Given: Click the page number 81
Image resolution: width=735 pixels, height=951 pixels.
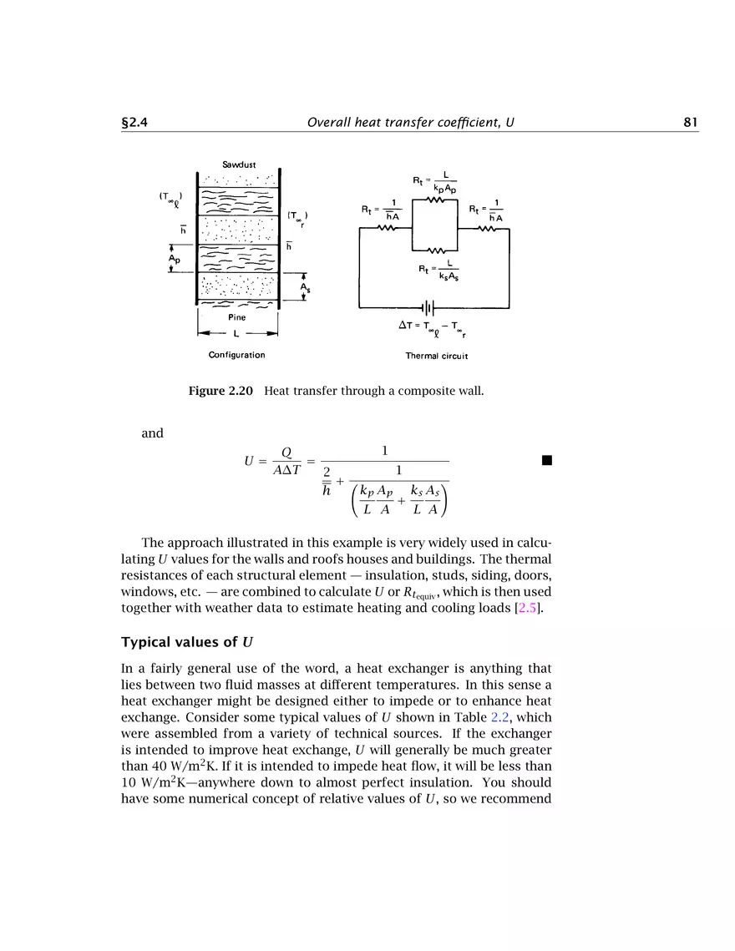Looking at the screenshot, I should pos(690,122).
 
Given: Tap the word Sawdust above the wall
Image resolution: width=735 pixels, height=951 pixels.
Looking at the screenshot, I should pos(238,164).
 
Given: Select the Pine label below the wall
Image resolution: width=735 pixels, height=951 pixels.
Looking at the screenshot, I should pos(237,317).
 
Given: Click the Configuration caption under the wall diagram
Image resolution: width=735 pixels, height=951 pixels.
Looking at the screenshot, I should pos(236,355).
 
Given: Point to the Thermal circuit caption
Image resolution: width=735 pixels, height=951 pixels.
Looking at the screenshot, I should pos(436,356).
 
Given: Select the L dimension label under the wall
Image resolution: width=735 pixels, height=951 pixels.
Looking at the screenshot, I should pos(237,333).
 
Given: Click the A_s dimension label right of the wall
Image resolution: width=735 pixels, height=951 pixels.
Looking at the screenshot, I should pos(306,288).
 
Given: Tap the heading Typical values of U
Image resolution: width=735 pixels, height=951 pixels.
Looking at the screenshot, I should pos(187,642).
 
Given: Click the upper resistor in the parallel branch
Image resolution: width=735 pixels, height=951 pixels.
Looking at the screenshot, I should pos(436,200).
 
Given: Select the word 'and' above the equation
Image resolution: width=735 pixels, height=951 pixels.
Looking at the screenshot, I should pos(153,433).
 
